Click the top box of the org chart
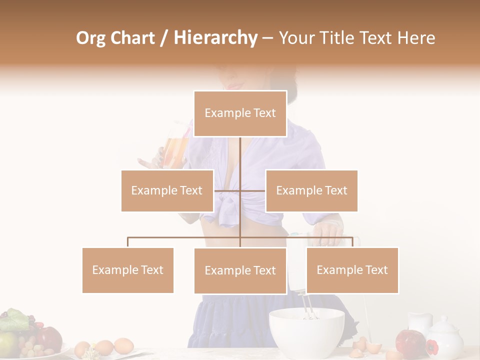pyautogui.click(x=240, y=113)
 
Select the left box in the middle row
pyautogui.click(x=167, y=190)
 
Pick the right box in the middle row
pyautogui.click(x=311, y=190)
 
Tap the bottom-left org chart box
pyautogui.click(x=128, y=270)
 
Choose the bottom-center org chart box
pyautogui.click(x=240, y=270)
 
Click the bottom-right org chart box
pyautogui.click(x=352, y=270)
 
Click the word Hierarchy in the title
pyautogui.click(x=215, y=38)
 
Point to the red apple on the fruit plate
pyautogui.click(x=49, y=338)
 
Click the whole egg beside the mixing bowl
pyautogui.click(x=123, y=345)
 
